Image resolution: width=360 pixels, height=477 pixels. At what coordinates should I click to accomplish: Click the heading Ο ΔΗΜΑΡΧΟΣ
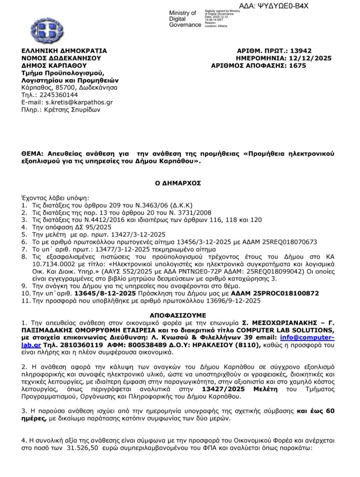coord(178,183)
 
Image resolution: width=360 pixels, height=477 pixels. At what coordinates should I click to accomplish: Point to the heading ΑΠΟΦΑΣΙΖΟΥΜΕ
coord(178,315)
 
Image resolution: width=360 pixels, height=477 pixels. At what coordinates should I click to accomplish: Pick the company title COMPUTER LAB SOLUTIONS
coord(284,330)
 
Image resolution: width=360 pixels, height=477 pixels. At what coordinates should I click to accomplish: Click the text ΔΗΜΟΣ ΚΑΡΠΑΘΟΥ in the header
coord(54,66)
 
